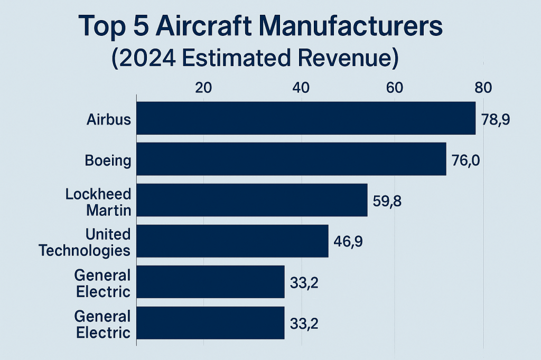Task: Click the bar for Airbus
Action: [x=306, y=118]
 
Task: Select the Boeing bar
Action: [x=291, y=159]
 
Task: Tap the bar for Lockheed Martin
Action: [x=252, y=200]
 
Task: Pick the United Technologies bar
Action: [x=232, y=241]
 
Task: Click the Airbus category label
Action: [x=109, y=119]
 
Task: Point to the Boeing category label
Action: [x=108, y=160]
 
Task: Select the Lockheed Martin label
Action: [x=98, y=202]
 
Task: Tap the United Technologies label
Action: [x=85, y=242]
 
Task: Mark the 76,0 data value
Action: [x=465, y=159]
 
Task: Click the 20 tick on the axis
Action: [x=203, y=88]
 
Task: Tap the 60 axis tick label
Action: [x=395, y=88]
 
